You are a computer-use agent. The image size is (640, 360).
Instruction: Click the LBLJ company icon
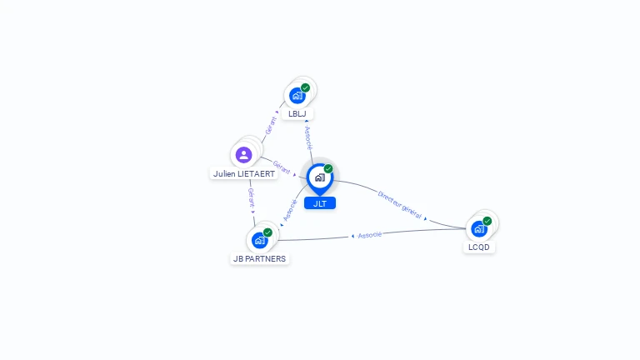click(297, 95)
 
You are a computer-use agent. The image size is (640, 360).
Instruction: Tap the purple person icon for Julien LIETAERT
click(243, 155)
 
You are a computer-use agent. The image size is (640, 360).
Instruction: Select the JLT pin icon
click(319, 177)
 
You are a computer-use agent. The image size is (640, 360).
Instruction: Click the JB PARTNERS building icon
click(260, 240)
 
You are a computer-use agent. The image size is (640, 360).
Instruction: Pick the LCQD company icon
click(479, 228)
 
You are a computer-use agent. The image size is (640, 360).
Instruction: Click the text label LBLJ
click(297, 113)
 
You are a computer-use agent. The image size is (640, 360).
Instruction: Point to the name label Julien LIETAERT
click(243, 174)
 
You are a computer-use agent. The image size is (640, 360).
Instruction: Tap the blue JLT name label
click(319, 203)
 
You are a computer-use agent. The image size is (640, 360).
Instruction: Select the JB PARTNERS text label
click(259, 258)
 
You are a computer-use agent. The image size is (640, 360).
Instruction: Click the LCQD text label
click(479, 247)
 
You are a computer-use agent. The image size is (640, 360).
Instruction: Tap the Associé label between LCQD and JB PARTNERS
click(369, 235)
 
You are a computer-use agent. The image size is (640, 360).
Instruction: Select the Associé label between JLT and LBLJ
click(308, 137)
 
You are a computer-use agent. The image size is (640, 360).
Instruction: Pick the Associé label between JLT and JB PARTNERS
click(290, 209)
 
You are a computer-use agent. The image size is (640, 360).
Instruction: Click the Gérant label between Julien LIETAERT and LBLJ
click(270, 126)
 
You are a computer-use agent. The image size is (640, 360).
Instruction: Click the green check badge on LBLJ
click(306, 87)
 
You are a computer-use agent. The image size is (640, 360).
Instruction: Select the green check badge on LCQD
click(487, 222)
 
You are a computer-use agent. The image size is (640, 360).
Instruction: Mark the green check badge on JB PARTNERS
click(267, 232)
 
